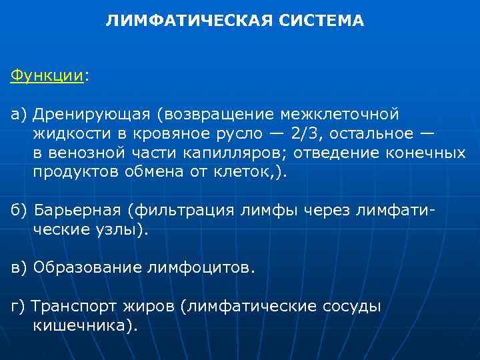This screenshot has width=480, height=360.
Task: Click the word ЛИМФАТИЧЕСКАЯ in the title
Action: (x=186, y=21)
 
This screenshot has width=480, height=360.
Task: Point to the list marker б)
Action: (x=18, y=211)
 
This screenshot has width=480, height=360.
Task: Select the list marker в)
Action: (x=18, y=268)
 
